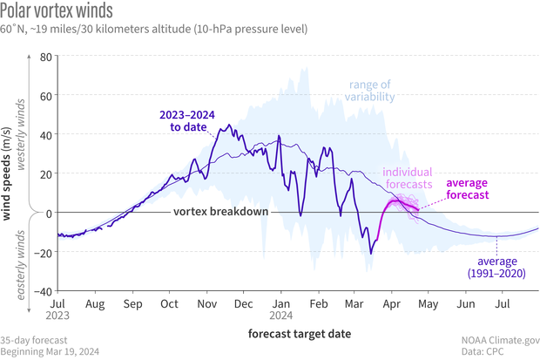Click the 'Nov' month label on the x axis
click(206, 305)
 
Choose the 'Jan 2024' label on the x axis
click(281, 311)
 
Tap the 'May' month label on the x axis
click(428, 305)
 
